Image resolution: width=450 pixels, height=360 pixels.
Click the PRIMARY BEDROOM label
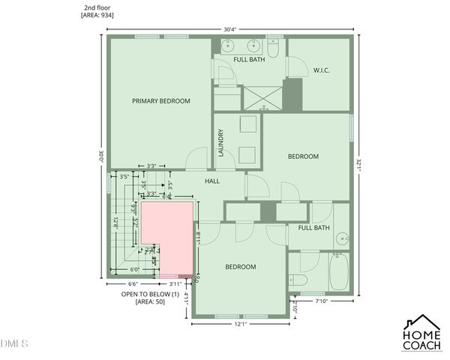point(160,100)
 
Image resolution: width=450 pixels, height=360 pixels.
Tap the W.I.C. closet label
point(322,70)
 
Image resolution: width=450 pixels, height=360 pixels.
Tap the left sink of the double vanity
point(227,45)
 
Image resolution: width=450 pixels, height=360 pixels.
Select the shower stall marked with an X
point(263,97)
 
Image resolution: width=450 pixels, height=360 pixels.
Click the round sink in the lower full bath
point(342,240)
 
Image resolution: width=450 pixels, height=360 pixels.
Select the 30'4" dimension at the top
point(229,29)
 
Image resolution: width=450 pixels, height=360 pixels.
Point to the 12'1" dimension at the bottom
point(241,324)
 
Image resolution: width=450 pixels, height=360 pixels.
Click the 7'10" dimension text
point(323,301)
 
